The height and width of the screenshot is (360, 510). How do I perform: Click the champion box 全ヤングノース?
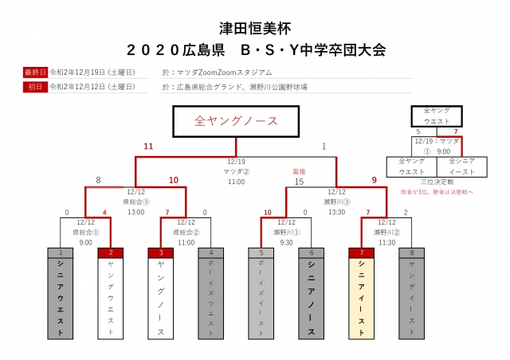point(236,121)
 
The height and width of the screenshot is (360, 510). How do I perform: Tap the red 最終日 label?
point(36,72)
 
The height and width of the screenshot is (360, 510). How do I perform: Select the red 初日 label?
point(36,86)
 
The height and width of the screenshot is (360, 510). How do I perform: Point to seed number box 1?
point(60,252)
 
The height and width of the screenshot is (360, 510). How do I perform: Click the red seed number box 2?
point(110,252)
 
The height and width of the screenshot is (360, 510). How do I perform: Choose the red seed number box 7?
point(362,252)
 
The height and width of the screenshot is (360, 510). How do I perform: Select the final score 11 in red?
point(147,147)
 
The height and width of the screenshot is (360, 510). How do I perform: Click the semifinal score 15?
point(300,182)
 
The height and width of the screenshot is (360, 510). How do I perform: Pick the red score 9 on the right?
point(375,181)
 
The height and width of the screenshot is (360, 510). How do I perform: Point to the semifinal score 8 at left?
point(97,181)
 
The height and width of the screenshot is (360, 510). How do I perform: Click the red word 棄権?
point(300,170)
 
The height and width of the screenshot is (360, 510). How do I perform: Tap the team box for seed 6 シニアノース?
point(312,299)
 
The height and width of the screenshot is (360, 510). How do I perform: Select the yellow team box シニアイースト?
point(362,299)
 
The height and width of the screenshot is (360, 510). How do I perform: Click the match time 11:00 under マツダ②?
point(236,182)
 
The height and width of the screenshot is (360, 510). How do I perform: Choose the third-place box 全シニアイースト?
point(462,165)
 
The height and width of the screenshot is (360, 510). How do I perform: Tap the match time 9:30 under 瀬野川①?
point(286,221)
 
